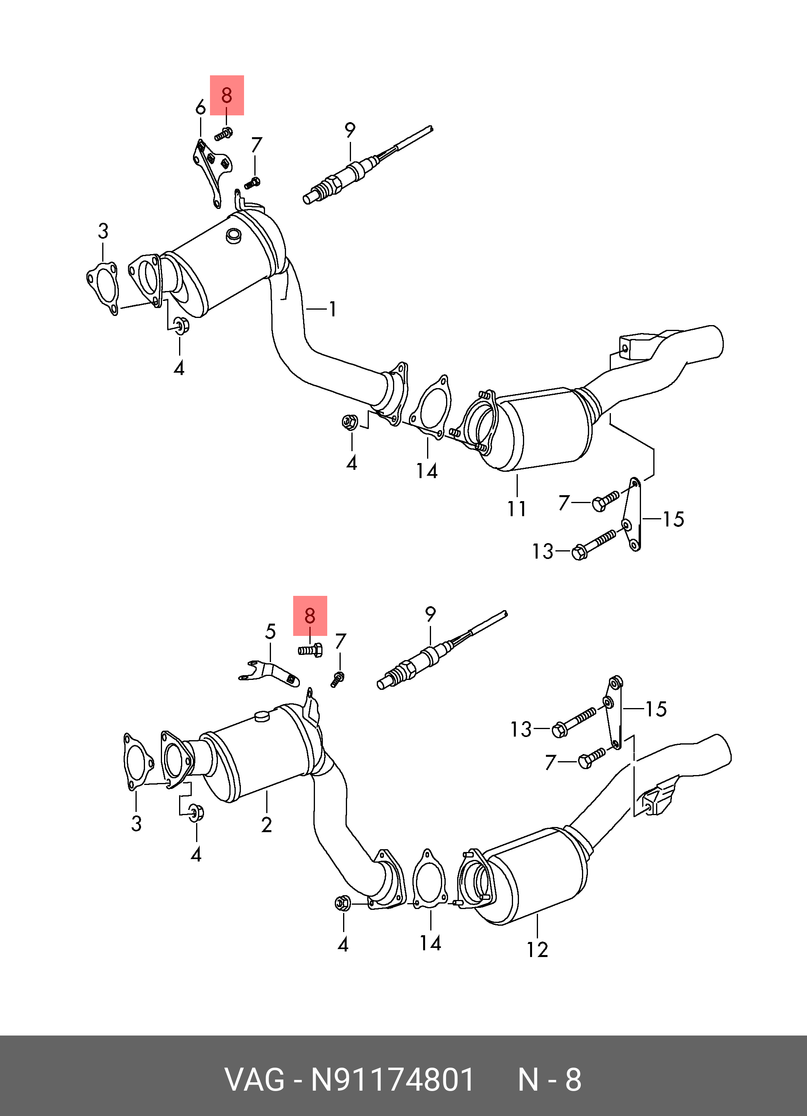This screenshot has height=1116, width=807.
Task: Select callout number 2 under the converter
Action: coord(267,825)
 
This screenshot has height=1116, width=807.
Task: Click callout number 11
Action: coord(517,509)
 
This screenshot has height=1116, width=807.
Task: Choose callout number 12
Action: coord(537,949)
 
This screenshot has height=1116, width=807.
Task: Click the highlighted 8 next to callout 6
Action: coord(227,95)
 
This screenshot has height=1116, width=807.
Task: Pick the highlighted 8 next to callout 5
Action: coord(310,616)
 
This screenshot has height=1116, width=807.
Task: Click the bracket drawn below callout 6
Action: coord(212,172)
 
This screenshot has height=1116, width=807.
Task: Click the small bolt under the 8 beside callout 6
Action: coord(224,133)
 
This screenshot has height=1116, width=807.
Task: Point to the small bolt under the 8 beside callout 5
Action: coord(310,651)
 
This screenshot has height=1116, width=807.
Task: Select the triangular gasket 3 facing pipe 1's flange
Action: coord(102,288)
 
